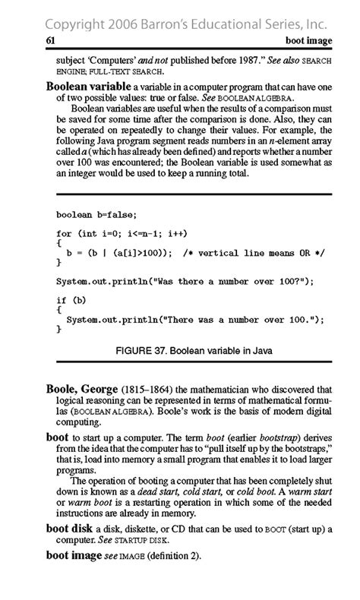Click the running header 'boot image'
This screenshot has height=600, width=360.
pyautogui.click(x=309, y=39)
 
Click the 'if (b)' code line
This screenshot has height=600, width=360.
pyautogui.click(x=71, y=301)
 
